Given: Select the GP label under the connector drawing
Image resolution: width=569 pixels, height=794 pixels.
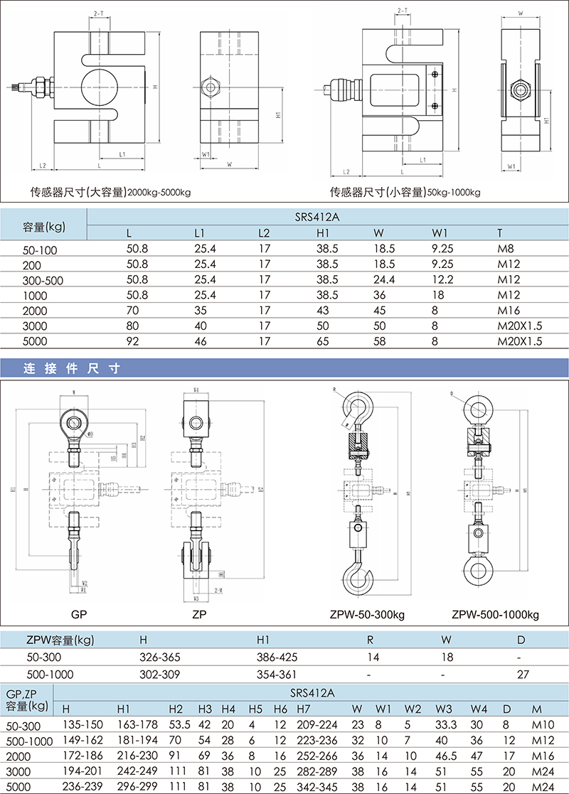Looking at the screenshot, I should [x=78, y=613].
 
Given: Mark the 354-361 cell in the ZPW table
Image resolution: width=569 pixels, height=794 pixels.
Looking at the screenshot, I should [x=276, y=674].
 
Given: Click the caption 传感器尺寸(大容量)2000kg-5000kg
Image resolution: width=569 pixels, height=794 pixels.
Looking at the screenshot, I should [x=110, y=192].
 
